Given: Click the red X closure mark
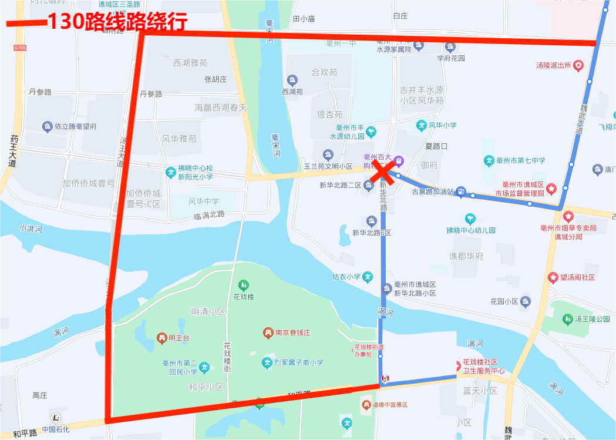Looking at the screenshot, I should (383, 172).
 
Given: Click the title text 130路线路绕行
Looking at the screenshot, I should (117, 22).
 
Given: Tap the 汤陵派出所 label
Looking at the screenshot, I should (554, 65).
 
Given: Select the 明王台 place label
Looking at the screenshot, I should (179, 338).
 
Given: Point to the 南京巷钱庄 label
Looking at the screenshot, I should (293, 332).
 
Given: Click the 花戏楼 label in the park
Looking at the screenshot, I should (243, 297).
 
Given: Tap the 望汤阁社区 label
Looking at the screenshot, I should (577, 277).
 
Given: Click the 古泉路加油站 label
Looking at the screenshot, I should (433, 192).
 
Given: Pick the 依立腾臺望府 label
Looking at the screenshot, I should (75, 126).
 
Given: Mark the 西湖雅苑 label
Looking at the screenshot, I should (190, 63).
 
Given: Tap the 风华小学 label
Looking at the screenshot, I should (442, 125).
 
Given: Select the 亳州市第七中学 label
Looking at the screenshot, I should (521, 160).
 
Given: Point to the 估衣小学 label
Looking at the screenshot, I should (346, 277).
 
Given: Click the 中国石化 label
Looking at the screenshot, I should (55, 429).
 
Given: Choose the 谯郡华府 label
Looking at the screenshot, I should (466, 256).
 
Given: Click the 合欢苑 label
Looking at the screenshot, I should (324, 73).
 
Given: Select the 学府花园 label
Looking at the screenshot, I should (451, 58).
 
